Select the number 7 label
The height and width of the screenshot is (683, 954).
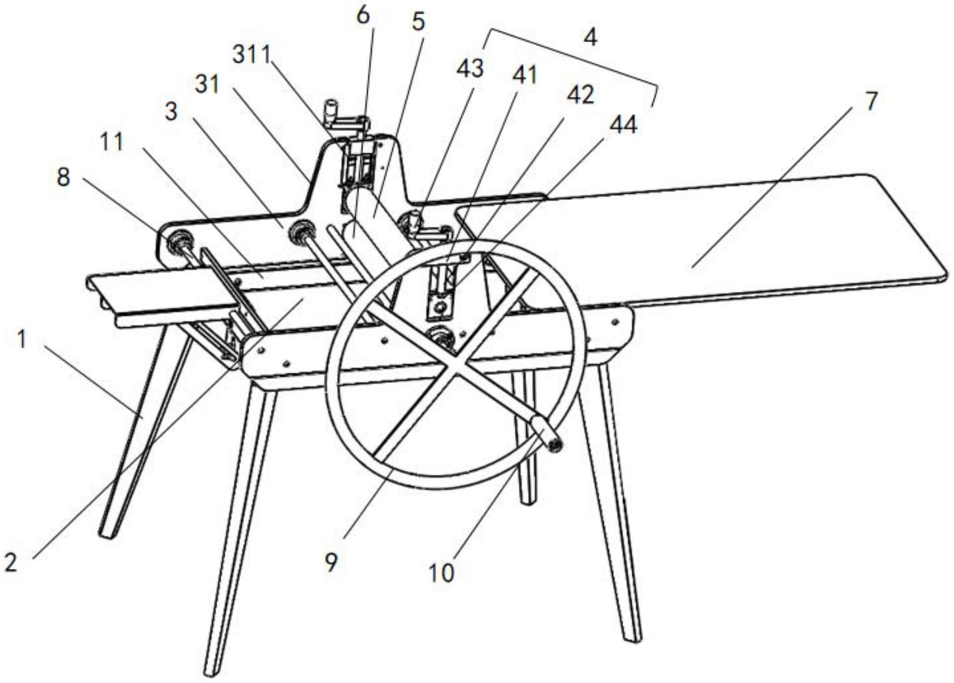coord(871,101)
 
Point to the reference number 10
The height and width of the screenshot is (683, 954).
coord(441,573)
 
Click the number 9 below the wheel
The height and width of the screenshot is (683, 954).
coord(331,562)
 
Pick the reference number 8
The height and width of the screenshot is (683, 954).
coord(63,177)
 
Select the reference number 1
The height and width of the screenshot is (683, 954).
coord(22,339)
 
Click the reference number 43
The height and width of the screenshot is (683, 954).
coord(470,68)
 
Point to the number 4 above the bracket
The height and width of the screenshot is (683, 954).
coord(590,37)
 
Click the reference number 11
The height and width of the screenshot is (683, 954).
coord(112,142)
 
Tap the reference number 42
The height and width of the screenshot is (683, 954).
coord(580,95)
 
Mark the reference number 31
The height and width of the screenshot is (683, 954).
coord(207,85)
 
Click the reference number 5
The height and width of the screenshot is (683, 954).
coord(418,22)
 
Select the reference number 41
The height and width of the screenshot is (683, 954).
coord(525,75)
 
